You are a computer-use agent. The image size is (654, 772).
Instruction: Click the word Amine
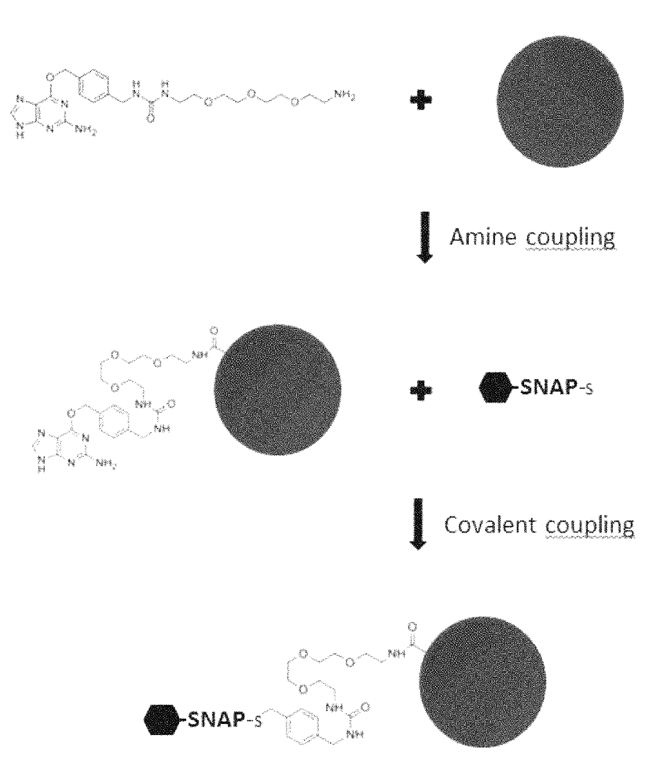(482, 237)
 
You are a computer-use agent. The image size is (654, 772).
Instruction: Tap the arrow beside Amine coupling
(425, 237)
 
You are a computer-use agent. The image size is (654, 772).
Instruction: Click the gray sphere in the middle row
(278, 387)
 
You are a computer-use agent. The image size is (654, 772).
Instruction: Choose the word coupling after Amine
(570, 238)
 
